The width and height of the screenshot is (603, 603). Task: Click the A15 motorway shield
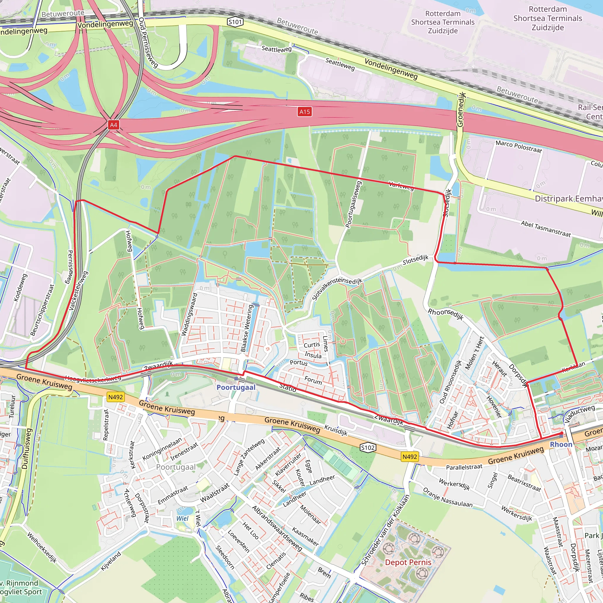coord(305,112)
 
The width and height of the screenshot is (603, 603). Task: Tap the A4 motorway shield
coord(113,125)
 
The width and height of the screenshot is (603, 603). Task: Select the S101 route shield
coord(235,22)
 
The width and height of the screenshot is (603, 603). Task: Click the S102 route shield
coord(367,448)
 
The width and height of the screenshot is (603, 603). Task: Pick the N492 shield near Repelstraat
coord(115,397)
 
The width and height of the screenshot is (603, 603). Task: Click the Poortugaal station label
coord(236,387)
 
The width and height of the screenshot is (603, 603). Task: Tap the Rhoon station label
coord(561,444)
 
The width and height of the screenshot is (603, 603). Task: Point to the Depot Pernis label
coord(408,562)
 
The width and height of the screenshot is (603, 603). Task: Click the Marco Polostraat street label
coord(519,147)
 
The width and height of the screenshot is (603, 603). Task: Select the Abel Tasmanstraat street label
coord(546,229)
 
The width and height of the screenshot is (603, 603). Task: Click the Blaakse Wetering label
coord(246,328)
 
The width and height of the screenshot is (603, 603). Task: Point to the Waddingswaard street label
coord(189,314)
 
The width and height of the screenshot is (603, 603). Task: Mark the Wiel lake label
coord(182,518)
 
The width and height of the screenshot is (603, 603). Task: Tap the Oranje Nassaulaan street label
coord(448,497)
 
